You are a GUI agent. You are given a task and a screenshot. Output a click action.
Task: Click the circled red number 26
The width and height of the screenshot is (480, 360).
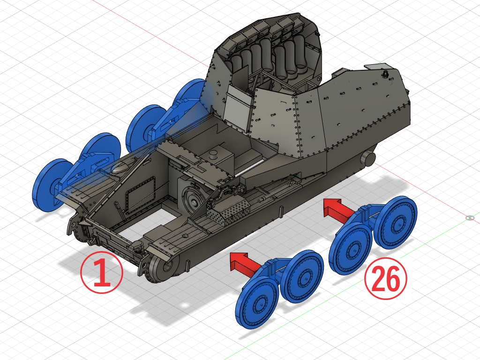[x=386, y=278]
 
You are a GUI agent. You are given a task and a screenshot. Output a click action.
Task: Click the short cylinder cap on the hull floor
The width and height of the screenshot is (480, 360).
[x=213, y=154]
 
